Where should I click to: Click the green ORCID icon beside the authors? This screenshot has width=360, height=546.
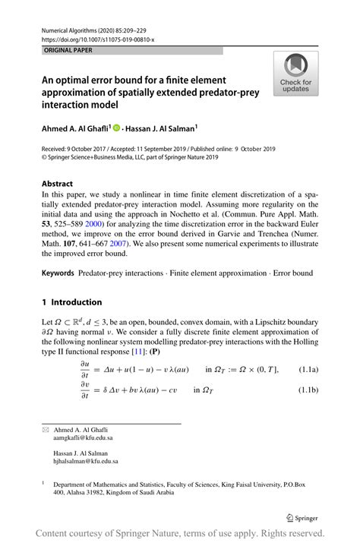click(118, 128)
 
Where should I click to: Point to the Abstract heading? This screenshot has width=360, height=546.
click(57, 184)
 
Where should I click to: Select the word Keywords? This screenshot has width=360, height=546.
click(59, 272)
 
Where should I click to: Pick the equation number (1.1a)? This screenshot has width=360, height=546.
click(310, 369)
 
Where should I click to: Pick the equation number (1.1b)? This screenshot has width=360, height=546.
click(310, 390)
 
